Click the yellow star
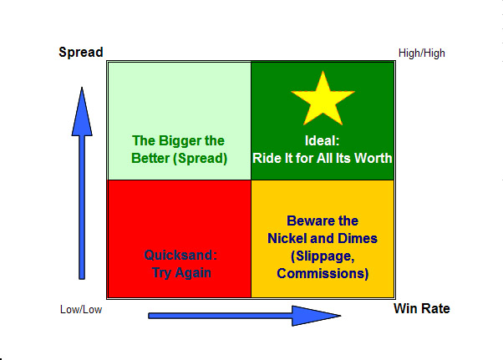coord(323,98)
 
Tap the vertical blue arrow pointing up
coord(81,184)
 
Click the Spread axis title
coord(81,53)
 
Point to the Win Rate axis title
coord(421,309)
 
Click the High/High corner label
coord(422,53)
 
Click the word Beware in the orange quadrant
coord(308,221)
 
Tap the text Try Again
coord(180,272)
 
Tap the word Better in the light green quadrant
coord(152,158)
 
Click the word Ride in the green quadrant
coord(267,158)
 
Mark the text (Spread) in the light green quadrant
coord(201,158)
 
